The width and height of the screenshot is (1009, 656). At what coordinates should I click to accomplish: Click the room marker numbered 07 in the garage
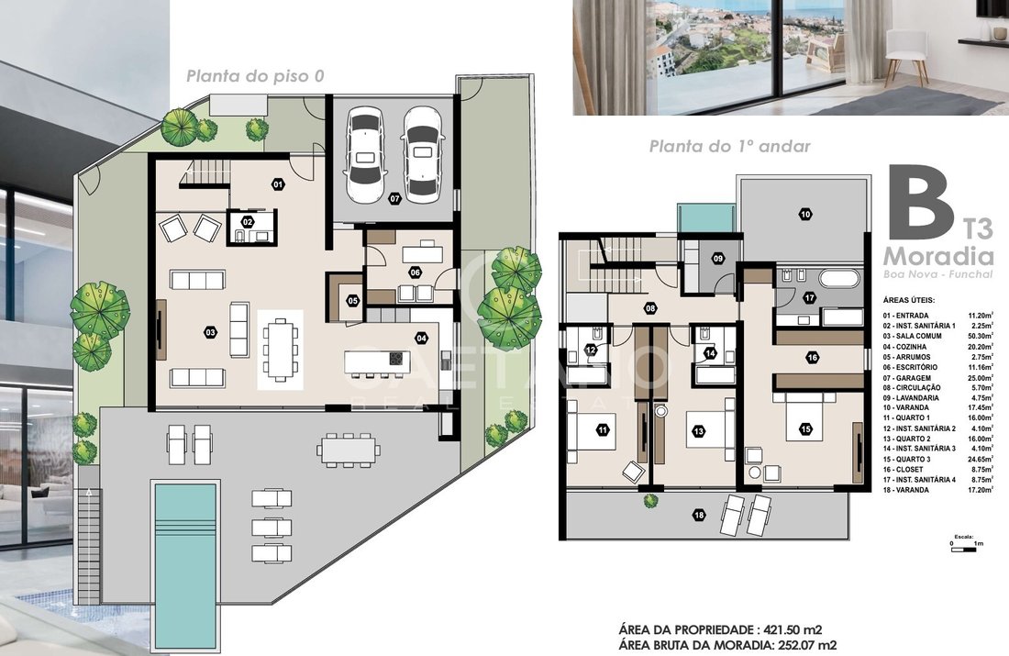pyautogui.click(x=395, y=200)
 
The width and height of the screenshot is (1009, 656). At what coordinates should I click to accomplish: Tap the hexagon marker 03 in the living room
pyautogui.click(x=210, y=332)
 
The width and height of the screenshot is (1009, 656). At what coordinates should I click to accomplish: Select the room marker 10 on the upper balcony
pyautogui.click(x=805, y=215)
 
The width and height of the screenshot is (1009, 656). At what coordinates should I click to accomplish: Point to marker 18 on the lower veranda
pyautogui.click(x=699, y=515)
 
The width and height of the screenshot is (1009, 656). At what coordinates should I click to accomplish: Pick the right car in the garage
pyautogui.click(x=422, y=151)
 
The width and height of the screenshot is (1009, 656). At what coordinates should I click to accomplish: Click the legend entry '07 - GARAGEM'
pyautogui.click(x=906, y=378)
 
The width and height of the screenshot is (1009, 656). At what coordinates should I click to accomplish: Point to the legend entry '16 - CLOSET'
pyautogui.click(x=904, y=470)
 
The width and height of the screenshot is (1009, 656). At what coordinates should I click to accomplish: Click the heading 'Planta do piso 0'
pyautogui.click(x=256, y=76)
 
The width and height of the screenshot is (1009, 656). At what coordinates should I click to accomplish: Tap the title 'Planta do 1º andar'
pyautogui.click(x=730, y=147)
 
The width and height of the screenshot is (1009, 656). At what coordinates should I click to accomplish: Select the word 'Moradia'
pyautogui.click(x=938, y=256)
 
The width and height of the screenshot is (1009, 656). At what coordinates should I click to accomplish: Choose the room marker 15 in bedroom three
pyautogui.click(x=805, y=428)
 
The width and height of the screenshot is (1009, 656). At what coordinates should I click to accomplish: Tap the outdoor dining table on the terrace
pyautogui.click(x=348, y=449)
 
